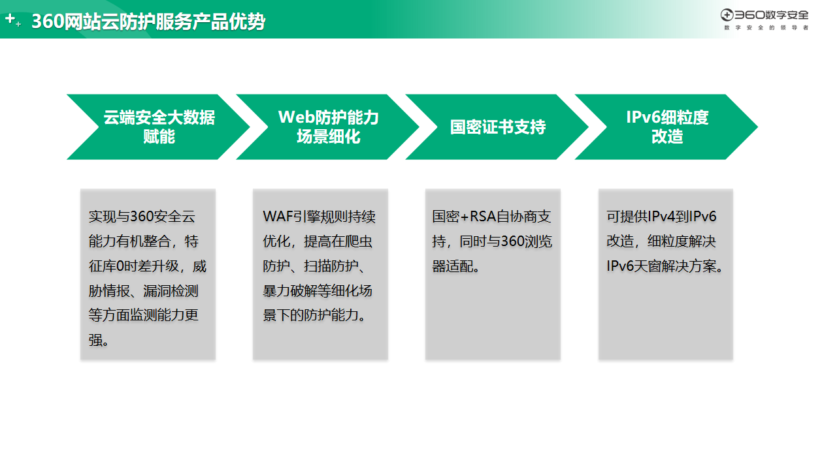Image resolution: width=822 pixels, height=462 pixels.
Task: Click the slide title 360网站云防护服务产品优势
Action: click(x=148, y=22)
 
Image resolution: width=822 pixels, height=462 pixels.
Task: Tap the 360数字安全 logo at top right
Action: click(x=764, y=15)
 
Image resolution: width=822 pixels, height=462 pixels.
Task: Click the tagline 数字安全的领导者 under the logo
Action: click(x=766, y=28)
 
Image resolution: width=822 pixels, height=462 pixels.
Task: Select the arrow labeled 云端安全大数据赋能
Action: click(x=158, y=127)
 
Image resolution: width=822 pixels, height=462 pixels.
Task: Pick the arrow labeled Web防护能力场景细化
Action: click(x=327, y=127)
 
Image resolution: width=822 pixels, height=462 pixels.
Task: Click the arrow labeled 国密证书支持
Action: click(x=497, y=127)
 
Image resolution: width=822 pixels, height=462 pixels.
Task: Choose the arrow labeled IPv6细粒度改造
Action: click(x=666, y=127)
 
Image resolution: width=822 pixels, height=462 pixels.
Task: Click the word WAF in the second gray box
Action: click(x=277, y=217)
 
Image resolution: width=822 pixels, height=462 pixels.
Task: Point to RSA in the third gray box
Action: click(x=483, y=217)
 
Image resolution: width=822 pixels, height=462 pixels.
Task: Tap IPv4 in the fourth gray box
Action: click(x=662, y=217)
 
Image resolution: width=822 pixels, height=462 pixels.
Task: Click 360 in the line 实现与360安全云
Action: click(x=142, y=217)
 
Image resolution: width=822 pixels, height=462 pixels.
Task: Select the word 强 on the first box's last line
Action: click(x=95, y=340)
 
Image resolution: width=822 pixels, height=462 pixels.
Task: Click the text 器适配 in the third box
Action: click(x=452, y=266)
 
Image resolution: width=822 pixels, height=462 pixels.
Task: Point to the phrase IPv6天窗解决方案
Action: click(x=661, y=266)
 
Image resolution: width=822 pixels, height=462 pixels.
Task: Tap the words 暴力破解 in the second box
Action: click(x=290, y=291)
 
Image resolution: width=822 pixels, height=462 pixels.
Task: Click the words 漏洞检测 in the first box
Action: click(x=171, y=291)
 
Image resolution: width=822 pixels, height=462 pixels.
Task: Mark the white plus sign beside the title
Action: click(x=10, y=18)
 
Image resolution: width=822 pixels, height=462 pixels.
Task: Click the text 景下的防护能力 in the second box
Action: click(x=310, y=315)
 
